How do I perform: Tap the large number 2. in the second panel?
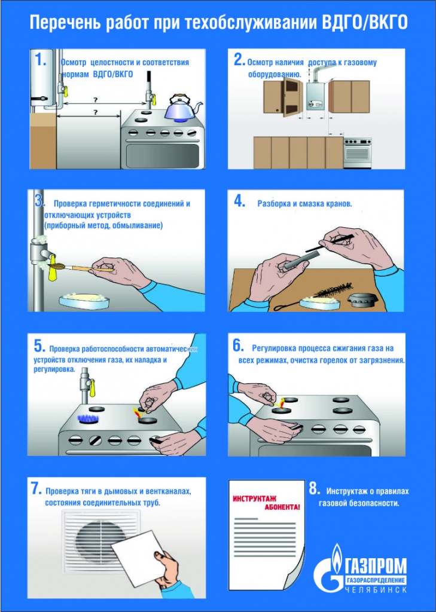239,60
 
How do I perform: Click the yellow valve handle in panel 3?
53,271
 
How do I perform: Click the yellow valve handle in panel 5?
92,388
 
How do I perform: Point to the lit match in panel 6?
279,402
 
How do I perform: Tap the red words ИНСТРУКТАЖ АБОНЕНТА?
267,503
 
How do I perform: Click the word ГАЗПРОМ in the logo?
376,566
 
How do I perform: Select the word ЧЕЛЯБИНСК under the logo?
376,590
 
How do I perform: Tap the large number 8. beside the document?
315,490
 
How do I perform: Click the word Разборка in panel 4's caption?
273,204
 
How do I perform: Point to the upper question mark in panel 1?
95,99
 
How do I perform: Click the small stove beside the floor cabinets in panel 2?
357,152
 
